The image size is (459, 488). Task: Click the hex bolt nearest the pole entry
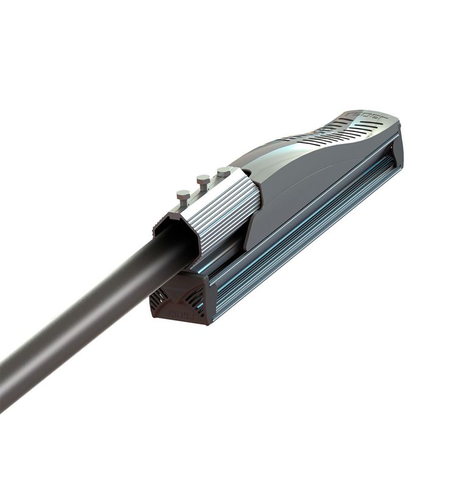click(183, 196)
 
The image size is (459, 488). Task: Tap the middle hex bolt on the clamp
click(203, 181)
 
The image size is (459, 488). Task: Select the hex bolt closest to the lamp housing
click(224, 171)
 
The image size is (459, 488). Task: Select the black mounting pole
click(92, 317)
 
